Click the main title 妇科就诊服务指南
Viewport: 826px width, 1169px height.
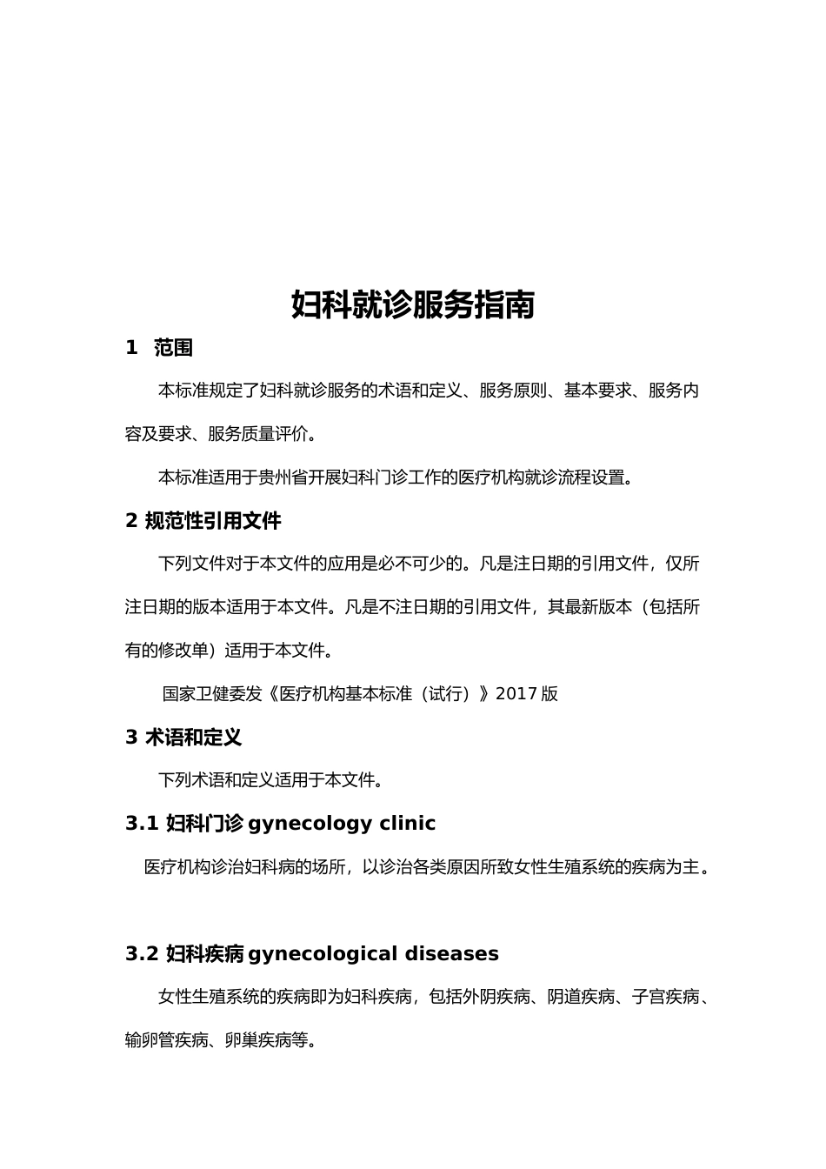412,305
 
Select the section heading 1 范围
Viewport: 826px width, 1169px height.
159,348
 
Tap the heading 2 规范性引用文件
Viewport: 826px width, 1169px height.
203,521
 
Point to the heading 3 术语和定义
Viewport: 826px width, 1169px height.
183,738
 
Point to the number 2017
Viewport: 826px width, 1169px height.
516,694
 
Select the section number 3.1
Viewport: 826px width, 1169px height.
142,824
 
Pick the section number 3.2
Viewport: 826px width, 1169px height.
142,954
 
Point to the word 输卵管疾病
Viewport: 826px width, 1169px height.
167,1040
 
